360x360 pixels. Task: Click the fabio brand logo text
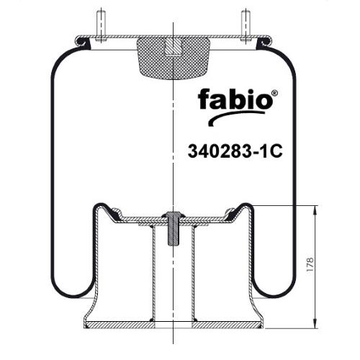pyautogui.click(x=235, y=99)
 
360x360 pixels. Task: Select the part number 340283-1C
pyautogui.click(x=235, y=151)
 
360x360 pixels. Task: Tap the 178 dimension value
pyautogui.click(x=310, y=264)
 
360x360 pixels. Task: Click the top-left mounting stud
pyautogui.click(x=102, y=26)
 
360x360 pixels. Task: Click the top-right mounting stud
pyautogui.click(x=246, y=26)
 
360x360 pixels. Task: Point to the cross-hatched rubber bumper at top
pyautogui.click(x=174, y=59)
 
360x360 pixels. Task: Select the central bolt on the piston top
pyautogui.click(x=174, y=228)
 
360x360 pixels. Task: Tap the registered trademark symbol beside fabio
pyautogui.click(x=275, y=93)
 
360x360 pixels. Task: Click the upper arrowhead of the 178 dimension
pyautogui.click(x=315, y=210)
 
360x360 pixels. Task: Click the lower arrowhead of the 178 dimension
pyautogui.click(x=315, y=323)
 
